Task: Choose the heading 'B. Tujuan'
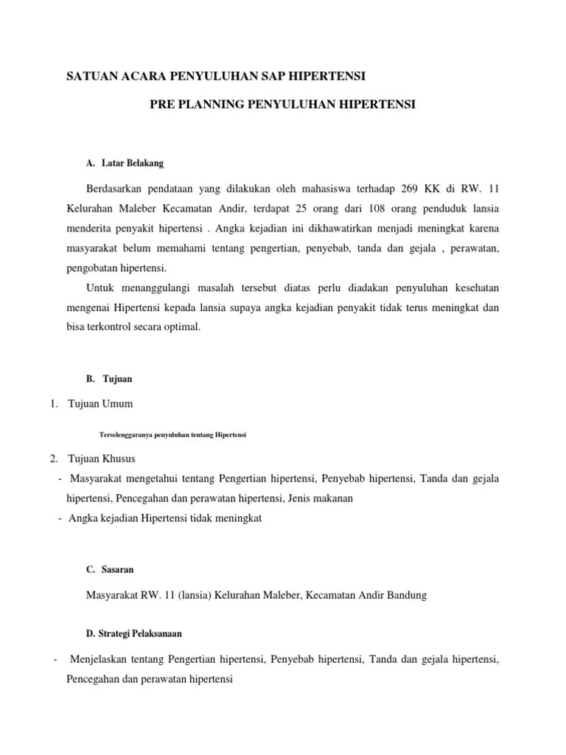click(x=109, y=378)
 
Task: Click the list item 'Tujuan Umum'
click(x=101, y=404)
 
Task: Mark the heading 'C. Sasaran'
click(x=110, y=570)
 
